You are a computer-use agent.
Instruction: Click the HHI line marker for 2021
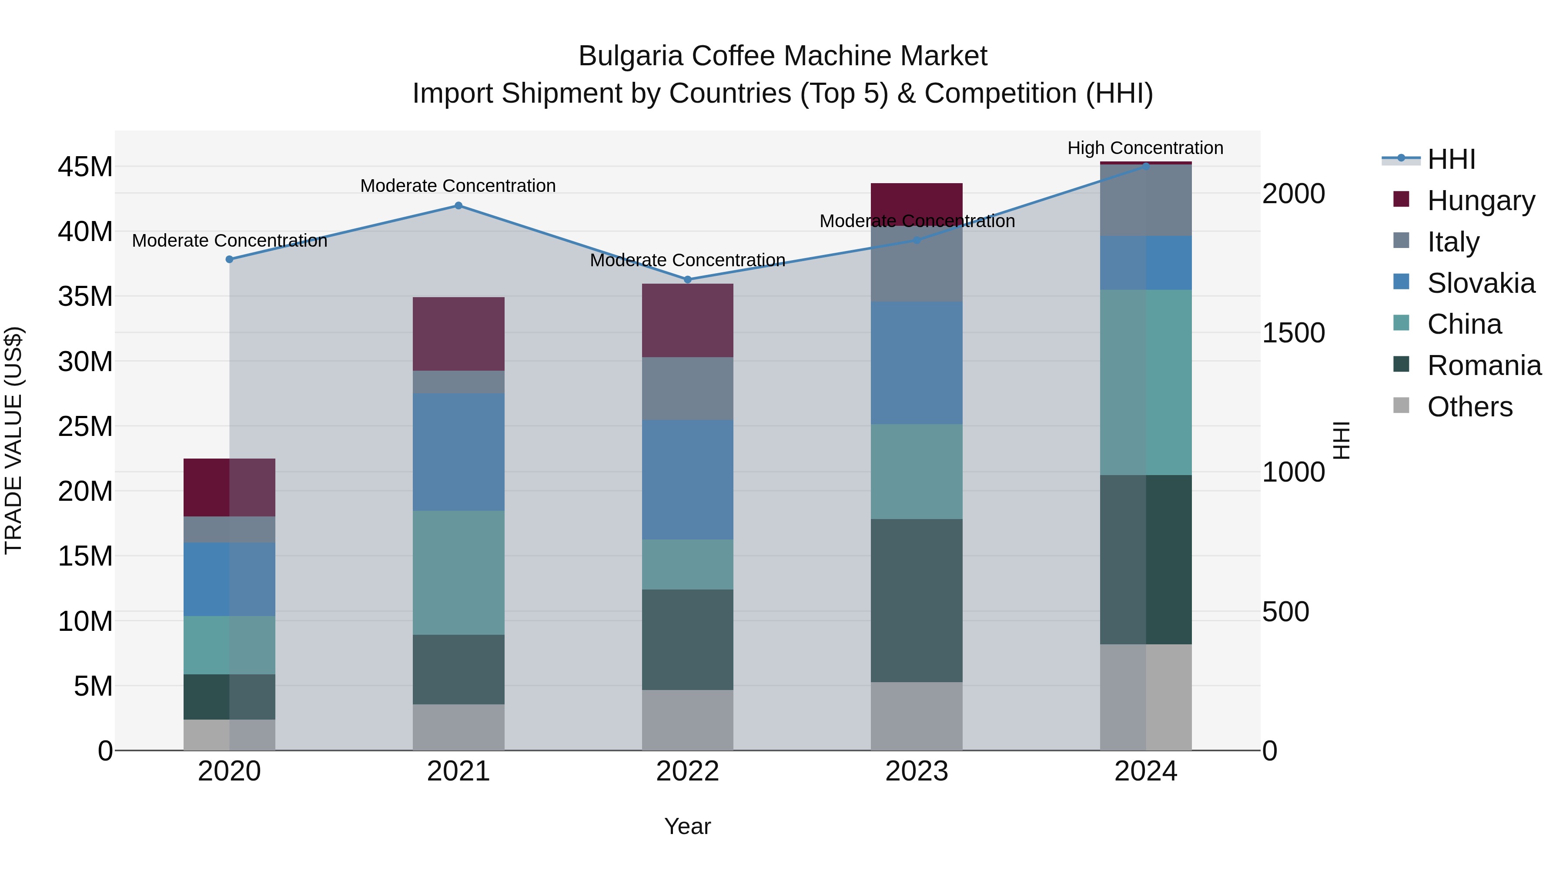click(458, 205)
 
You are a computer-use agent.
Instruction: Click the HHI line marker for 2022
click(688, 280)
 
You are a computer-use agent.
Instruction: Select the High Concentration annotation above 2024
click(1145, 148)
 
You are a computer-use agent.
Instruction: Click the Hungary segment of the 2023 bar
click(917, 204)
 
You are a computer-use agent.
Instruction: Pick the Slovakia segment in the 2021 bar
click(458, 452)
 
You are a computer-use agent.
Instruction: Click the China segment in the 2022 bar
click(688, 564)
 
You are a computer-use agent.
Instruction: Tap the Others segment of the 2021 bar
click(458, 727)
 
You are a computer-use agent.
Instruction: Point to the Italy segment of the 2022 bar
click(688, 389)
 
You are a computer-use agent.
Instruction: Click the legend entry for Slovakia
click(1481, 283)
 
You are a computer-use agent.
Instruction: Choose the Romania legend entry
click(1484, 365)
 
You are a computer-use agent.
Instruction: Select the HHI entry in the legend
click(1451, 159)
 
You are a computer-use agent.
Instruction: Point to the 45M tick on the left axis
click(85, 167)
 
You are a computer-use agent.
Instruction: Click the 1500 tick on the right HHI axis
click(1294, 332)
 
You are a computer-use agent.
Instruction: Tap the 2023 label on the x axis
click(917, 771)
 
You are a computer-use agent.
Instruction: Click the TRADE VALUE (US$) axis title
click(13, 440)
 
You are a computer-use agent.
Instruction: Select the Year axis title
click(688, 826)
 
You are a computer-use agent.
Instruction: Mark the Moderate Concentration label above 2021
click(458, 185)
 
